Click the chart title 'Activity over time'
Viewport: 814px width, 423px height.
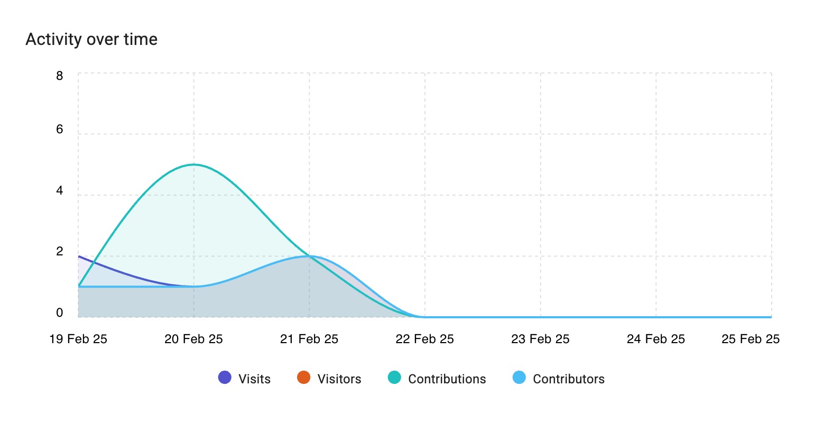(x=91, y=40)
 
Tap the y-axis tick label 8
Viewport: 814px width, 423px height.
(x=59, y=76)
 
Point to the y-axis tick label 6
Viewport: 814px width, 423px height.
(x=59, y=130)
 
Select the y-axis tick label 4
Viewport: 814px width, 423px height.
(x=59, y=190)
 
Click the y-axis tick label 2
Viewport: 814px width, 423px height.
(x=59, y=252)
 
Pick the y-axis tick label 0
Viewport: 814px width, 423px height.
(x=59, y=313)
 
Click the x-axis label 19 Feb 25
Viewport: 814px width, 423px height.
(x=78, y=339)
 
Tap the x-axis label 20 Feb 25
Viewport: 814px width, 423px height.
(x=193, y=339)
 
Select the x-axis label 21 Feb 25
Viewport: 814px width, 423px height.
(x=309, y=339)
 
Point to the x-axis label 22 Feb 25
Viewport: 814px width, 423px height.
(x=424, y=339)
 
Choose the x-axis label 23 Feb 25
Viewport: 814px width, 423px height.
(x=540, y=339)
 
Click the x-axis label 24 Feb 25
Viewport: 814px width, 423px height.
(x=656, y=339)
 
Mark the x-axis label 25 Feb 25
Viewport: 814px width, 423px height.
(x=751, y=339)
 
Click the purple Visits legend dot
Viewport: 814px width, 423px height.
(x=225, y=378)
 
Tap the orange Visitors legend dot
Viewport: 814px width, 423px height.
(x=303, y=378)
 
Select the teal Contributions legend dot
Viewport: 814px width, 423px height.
(x=394, y=378)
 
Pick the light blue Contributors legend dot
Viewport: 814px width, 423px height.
(x=519, y=378)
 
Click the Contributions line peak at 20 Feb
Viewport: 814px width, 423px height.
(x=194, y=164)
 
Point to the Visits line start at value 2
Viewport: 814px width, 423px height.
(x=79, y=256)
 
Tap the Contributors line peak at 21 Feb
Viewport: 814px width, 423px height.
(x=310, y=256)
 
